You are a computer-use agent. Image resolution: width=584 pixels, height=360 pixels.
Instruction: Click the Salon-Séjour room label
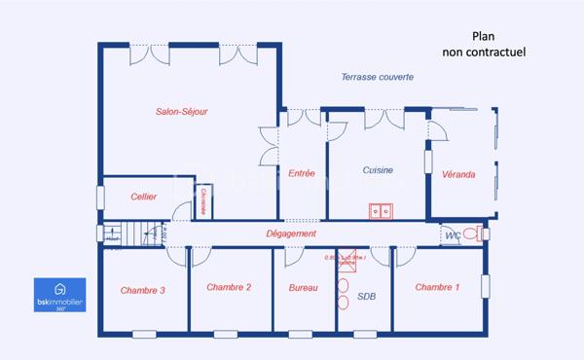[182, 112]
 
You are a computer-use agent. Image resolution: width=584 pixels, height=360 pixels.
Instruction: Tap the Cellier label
[144, 197]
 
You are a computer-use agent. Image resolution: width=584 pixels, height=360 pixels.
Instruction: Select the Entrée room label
[302, 173]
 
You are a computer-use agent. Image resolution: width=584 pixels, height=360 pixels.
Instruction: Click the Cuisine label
[378, 170]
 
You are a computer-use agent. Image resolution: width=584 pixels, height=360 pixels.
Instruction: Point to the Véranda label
[458, 174]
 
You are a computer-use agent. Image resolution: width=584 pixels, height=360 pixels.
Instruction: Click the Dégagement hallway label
[291, 234]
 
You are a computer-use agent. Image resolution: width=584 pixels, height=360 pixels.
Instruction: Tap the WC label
[452, 235]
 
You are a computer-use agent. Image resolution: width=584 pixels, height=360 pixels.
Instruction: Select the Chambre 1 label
[437, 287]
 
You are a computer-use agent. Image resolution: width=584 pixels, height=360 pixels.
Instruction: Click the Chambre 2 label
[229, 287]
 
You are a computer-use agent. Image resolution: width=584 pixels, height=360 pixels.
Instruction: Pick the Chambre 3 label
[142, 290]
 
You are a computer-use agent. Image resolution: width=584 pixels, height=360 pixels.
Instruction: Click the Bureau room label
[303, 288]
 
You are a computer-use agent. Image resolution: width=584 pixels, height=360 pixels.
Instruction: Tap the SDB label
[367, 297]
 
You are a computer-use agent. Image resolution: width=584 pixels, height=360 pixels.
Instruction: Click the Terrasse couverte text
[378, 77]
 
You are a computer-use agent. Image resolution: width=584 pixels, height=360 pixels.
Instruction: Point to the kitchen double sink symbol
[380, 210]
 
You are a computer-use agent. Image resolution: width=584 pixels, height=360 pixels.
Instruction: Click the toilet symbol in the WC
[473, 234]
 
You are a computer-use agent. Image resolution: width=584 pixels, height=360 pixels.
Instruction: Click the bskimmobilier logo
[60, 294]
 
